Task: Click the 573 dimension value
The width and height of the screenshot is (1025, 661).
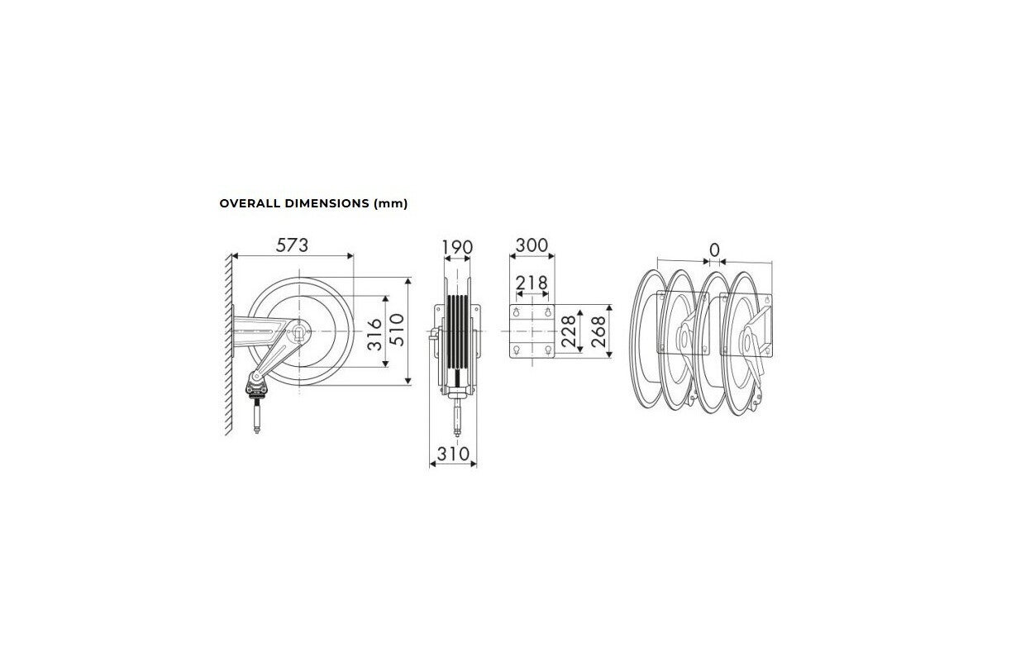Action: (292, 245)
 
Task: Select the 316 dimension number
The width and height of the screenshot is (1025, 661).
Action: (374, 335)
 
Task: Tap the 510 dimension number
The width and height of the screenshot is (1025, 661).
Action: (397, 330)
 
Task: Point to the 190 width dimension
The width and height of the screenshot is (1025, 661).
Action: (456, 248)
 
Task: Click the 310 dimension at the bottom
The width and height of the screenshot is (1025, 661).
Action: (453, 454)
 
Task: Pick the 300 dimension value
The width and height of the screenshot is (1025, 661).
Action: (532, 245)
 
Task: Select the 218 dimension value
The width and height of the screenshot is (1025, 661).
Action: (532, 283)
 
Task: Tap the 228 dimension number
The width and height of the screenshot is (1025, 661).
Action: (568, 331)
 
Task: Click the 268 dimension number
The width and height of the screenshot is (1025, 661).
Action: (598, 331)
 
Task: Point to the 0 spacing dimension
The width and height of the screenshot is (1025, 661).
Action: (714, 250)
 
